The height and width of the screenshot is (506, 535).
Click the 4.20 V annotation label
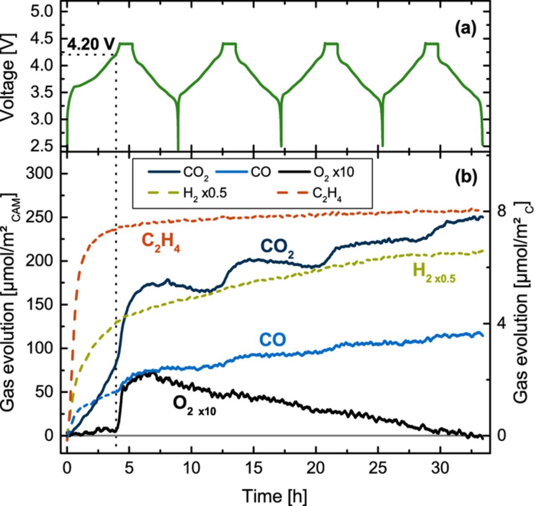[90, 44]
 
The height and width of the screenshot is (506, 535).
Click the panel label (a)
[466, 29]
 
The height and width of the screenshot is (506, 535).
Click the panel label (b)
[466, 177]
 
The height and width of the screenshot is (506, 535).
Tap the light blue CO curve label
[273, 340]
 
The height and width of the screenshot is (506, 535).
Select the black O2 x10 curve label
[194, 405]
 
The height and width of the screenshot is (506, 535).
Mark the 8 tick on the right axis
[502, 211]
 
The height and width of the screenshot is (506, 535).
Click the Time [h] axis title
[274, 496]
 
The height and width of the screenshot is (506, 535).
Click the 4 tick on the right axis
[502, 323]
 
